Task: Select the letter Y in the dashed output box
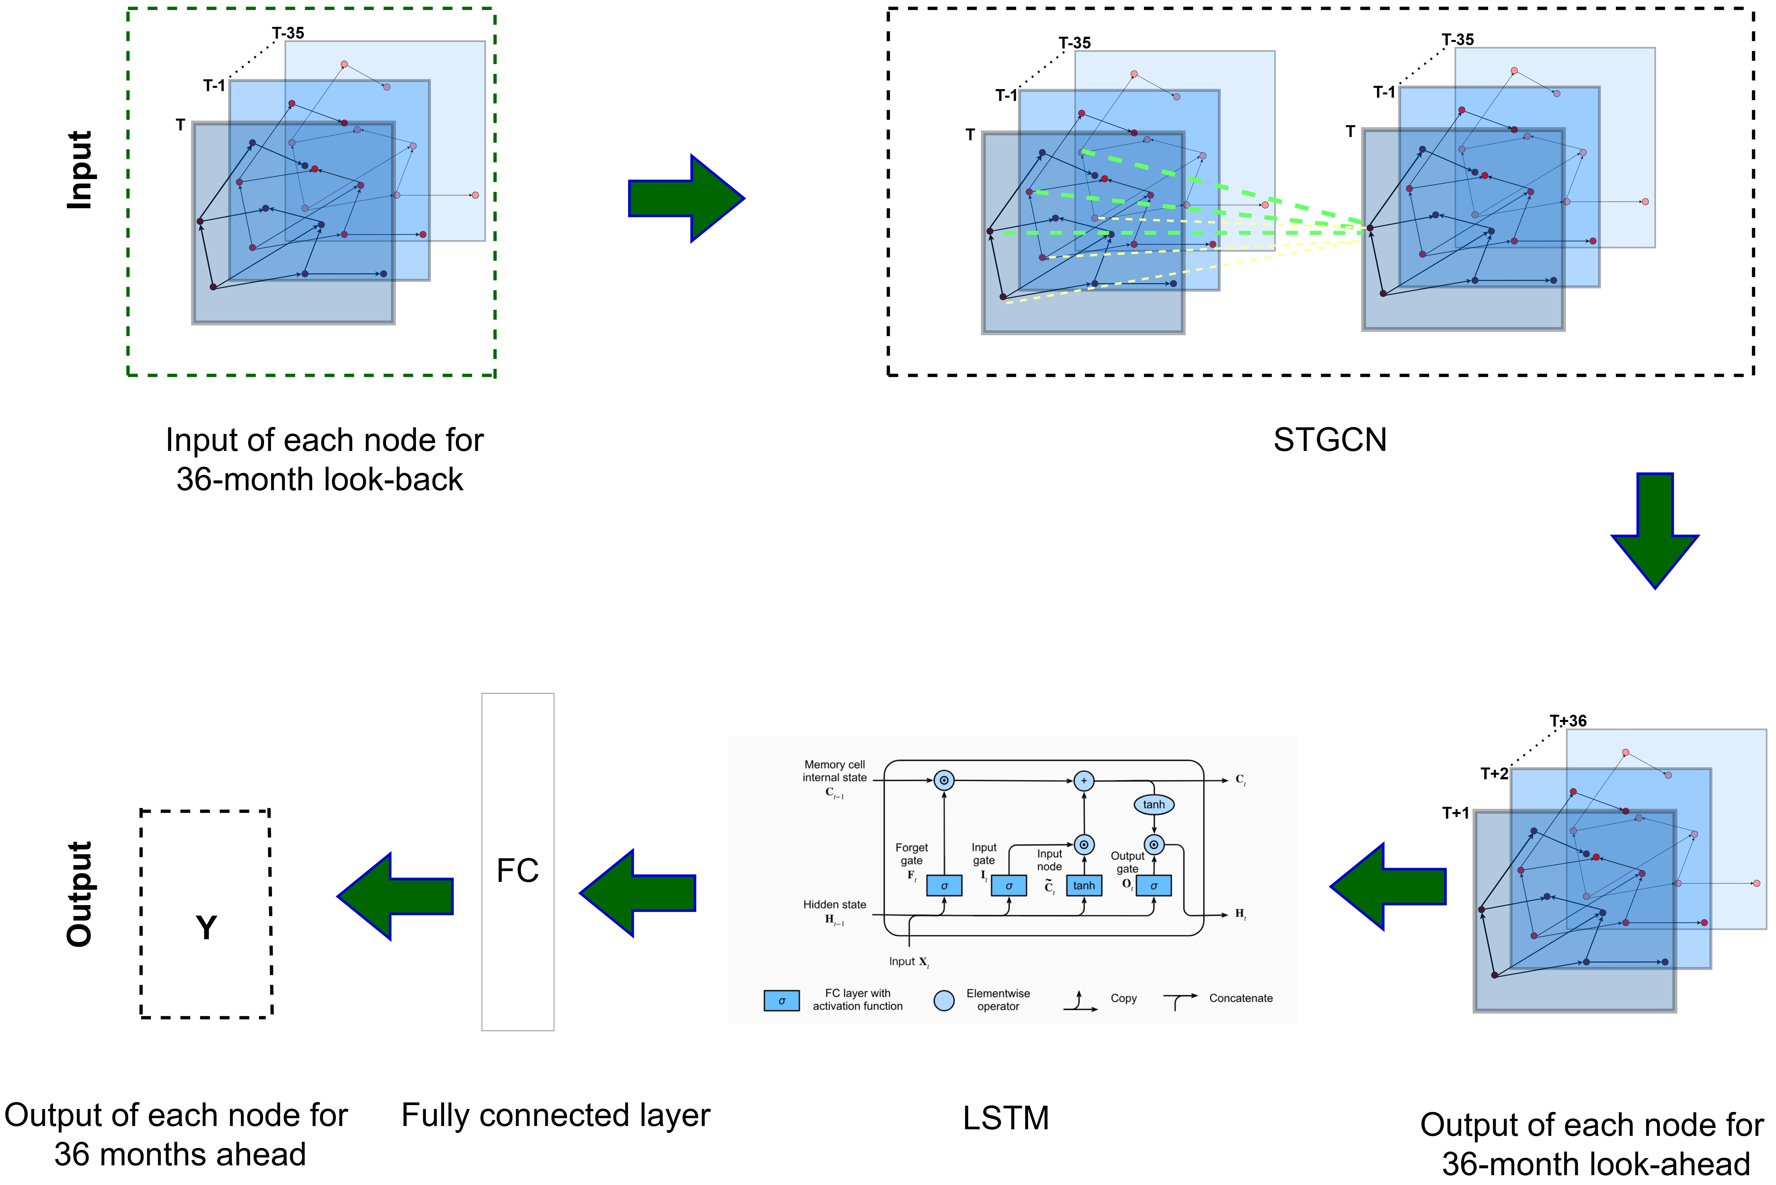click(206, 927)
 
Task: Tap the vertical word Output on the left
click(79, 894)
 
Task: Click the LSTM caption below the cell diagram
click(1005, 1118)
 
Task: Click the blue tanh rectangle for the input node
click(1084, 885)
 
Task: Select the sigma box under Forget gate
click(944, 885)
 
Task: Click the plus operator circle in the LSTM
click(1084, 781)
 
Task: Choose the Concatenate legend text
click(1240, 998)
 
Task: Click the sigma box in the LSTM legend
click(781, 1000)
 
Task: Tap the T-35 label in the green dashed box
click(288, 33)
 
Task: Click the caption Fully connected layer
click(556, 1116)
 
